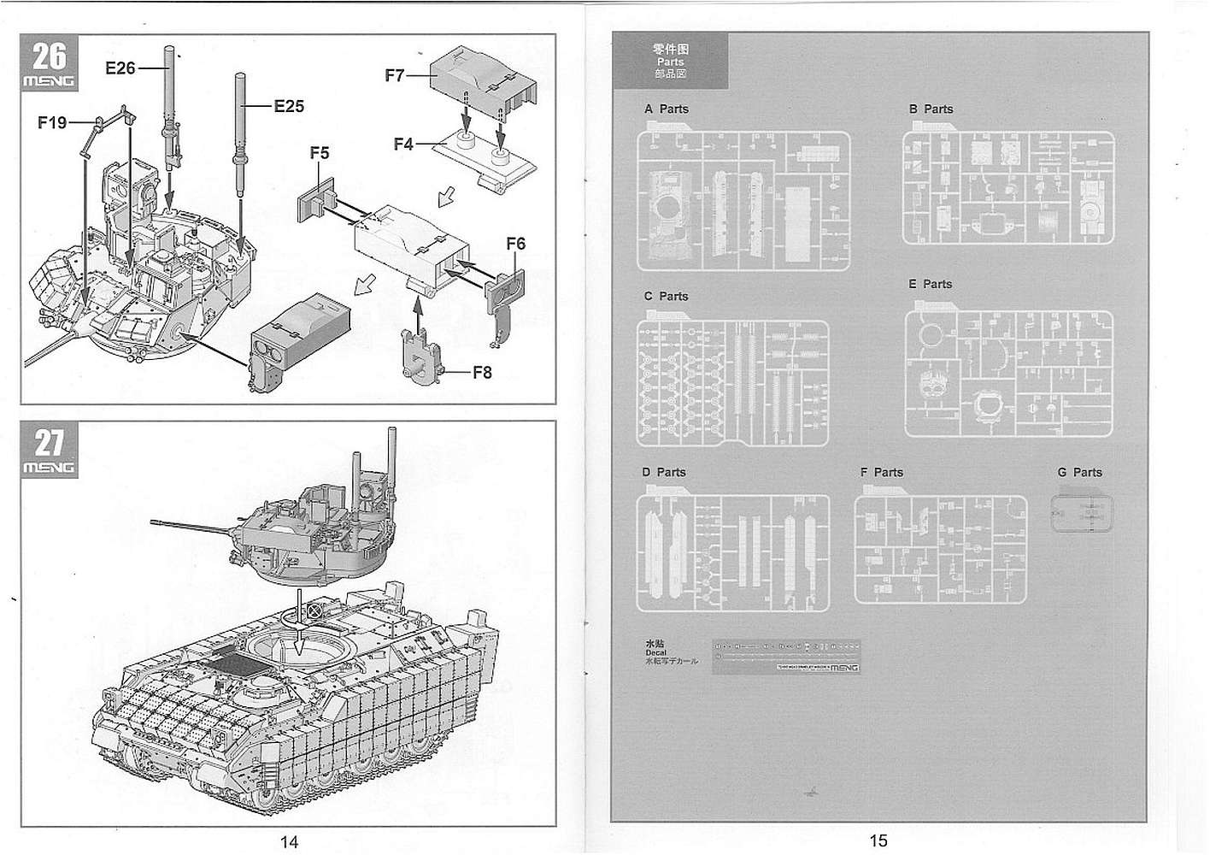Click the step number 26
click(49, 56)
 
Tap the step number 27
click(49, 443)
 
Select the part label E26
click(120, 68)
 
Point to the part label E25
click(289, 107)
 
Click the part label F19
click(52, 123)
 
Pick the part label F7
click(394, 75)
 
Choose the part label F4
click(403, 144)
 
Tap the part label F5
click(320, 153)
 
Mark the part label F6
click(515, 244)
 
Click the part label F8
click(482, 372)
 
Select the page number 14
click(289, 842)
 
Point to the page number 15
click(878, 841)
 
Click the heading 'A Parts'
click(666, 109)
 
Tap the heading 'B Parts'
click(931, 109)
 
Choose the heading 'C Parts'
click(666, 297)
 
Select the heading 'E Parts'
click(930, 284)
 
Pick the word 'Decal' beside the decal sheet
click(655, 652)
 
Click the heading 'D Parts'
click(664, 473)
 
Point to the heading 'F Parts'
click(882, 473)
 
